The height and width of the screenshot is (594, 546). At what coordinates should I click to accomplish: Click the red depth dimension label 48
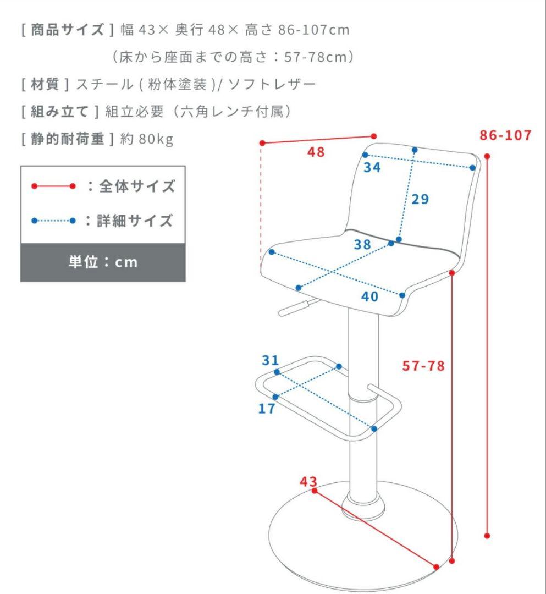click(x=316, y=152)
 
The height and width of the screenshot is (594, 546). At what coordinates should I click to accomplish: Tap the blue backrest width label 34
click(x=372, y=167)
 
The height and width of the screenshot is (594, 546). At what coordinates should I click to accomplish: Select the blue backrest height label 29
click(x=420, y=199)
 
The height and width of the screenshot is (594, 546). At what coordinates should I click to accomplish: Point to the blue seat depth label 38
click(x=362, y=244)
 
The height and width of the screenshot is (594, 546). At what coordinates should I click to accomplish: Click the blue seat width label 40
click(x=369, y=296)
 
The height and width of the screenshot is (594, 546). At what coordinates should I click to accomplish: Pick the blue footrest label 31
click(x=271, y=360)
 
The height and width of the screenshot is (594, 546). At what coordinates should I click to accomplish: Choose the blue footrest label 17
click(x=267, y=408)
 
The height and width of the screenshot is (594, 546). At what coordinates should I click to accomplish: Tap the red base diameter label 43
click(x=308, y=481)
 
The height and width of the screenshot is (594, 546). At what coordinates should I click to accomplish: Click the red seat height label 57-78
click(x=423, y=366)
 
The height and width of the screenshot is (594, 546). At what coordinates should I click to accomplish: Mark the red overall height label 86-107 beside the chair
click(x=505, y=135)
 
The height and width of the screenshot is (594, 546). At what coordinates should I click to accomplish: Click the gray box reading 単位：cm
click(x=103, y=262)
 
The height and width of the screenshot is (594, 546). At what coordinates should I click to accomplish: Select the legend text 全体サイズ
click(x=137, y=186)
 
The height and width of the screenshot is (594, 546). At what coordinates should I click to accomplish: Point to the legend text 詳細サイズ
click(x=135, y=221)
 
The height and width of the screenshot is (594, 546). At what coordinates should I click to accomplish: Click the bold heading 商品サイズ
click(x=68, y=30)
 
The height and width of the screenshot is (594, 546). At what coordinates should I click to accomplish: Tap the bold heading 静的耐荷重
click(x=68, y=139)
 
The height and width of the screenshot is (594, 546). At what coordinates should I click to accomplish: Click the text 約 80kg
click(x=147, y=139)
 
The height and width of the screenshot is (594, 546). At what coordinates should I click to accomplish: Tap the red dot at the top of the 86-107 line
click(x=487, y=156)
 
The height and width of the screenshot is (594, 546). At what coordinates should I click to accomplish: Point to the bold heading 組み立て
click(x=60, y=111)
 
